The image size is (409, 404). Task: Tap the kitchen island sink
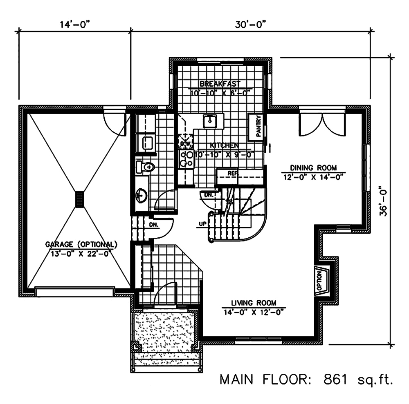pos(211,121)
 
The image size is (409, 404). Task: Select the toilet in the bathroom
pos(146,167)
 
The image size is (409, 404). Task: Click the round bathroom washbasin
pos(142,195)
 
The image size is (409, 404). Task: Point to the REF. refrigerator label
pos(232,173)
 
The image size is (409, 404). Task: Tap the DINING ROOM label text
pos(313,167)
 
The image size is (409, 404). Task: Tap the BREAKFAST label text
pos(220,83)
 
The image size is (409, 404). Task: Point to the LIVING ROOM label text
pos(254,303)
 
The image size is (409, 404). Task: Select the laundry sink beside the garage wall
pos(147,143)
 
